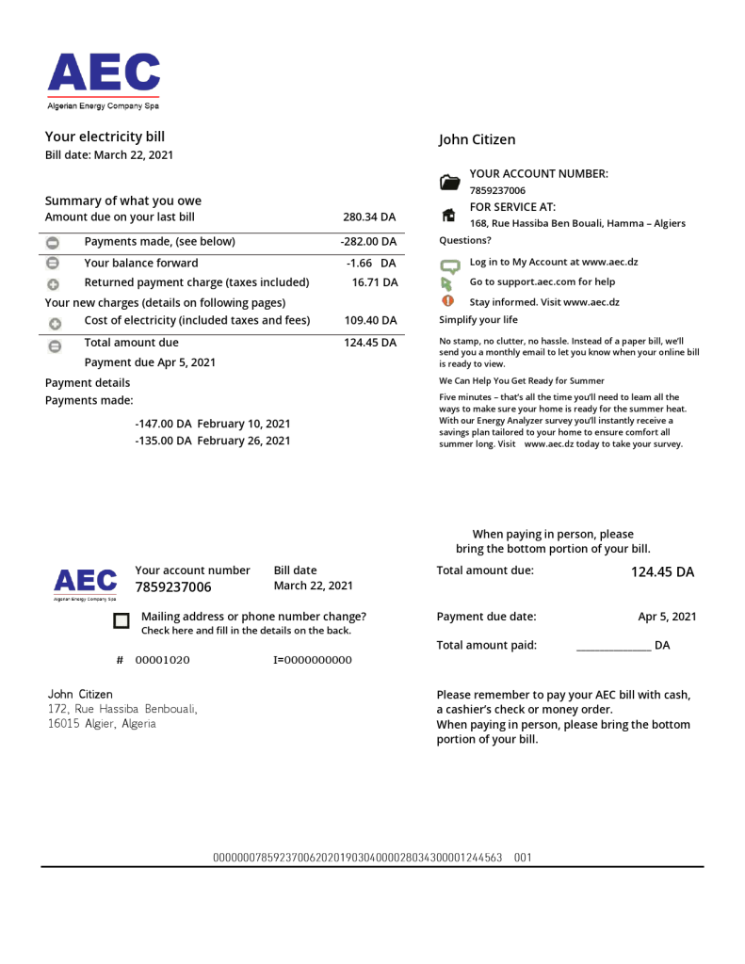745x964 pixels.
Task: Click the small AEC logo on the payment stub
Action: [x=85, y=582]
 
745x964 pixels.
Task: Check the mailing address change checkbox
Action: [x=121, y=620]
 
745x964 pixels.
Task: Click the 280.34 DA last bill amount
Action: [x=369, y=217]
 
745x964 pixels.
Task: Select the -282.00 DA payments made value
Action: [x=368, y=242]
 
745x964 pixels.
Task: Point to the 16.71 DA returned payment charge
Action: [x=375, y=282]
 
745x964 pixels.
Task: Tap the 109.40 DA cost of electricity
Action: [x=370, y=321]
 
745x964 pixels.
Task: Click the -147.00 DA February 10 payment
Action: [x=212, y=424]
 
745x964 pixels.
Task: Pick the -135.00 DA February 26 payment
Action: [x=212, y=441]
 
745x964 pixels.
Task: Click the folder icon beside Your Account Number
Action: [x=450, y=182]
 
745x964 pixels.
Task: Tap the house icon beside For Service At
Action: [x=449, y=215]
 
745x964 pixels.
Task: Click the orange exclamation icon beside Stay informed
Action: [x=448, y=301]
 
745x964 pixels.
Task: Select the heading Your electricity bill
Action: [x=105, y=137]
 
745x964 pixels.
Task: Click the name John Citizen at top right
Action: [x=477, y=140]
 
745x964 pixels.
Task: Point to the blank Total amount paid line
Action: [x=612, y=647]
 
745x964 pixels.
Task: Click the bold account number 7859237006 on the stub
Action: [x=173, y=587]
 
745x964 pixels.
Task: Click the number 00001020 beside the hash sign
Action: [x=162, y=660]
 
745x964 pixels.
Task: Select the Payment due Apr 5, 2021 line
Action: [x=150, y=362]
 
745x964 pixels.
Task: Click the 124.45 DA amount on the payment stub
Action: [x=662, y=572]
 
